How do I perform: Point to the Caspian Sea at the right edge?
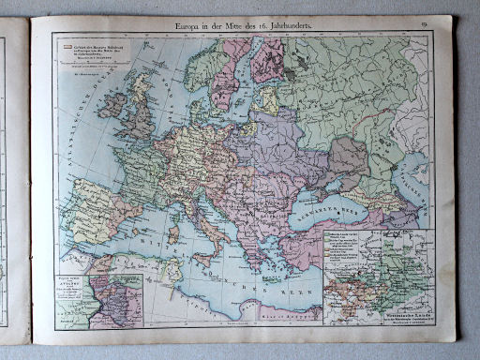(419, 187)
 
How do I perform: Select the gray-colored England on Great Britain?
(137, 114)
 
